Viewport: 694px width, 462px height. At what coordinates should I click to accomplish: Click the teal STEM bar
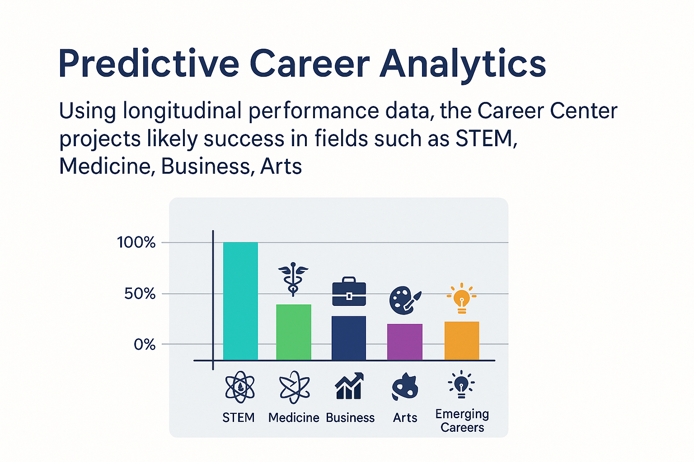click(x=240, y=301)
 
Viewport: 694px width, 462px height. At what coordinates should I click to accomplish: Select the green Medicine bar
click(x=294, y=333)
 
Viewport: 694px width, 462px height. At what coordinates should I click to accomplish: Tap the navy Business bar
click(x=349, y=338)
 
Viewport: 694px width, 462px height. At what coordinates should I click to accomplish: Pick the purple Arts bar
click(x=405, y=342)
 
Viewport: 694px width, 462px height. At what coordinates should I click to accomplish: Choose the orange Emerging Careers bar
click(x=462, y=341)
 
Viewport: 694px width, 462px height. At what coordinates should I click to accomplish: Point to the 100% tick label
click(x=136, y=242)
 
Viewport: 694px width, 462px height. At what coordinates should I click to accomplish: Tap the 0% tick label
click(x=145, y=344)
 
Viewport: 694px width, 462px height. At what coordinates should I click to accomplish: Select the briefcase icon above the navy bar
click(x=349, y=291)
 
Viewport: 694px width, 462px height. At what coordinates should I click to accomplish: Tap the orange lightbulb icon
click(x=462, y=298)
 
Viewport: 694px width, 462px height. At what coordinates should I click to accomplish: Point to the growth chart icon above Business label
click(x=349, y=386)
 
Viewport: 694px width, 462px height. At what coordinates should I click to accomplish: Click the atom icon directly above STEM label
click(x=240, y=387)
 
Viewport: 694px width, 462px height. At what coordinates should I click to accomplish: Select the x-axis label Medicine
click(x=294, y=418)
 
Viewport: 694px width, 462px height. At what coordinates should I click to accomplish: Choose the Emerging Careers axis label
click(x=462, y=420)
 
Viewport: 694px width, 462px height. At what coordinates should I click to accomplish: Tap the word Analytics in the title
click(x=463, y=65)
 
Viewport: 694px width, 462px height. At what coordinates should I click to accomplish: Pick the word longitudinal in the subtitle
click(x=182, y=111)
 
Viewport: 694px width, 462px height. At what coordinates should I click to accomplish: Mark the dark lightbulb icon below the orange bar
click(x=461, y=384)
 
